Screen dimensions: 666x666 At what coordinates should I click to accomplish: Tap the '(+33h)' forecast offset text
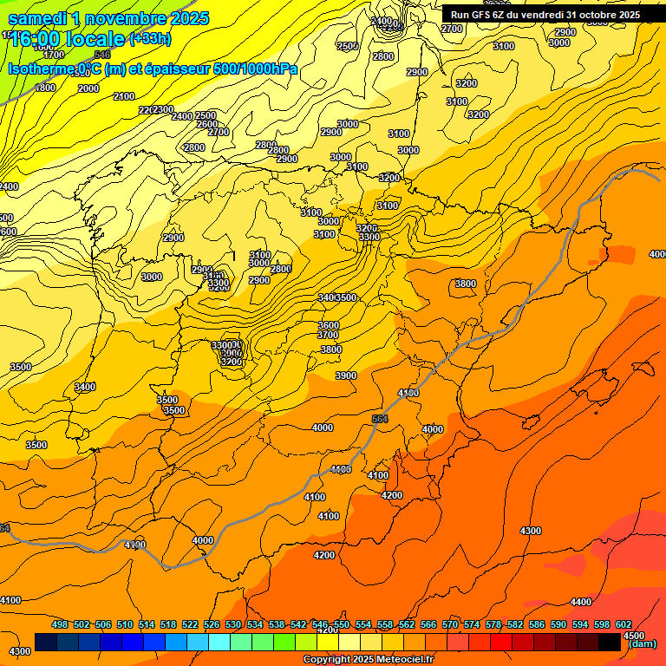pyautogui.click(x=150, y=38)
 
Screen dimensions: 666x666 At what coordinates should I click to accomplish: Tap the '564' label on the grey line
pyautogui.click(x=379, y=419)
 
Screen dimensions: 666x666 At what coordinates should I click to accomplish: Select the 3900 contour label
pyautogui.click(x=346, y=375)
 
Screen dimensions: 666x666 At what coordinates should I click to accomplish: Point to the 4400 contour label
pyautogui.click(x=581, y=602)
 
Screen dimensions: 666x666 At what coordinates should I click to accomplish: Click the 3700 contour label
pyautogui.click(x=328, y=335)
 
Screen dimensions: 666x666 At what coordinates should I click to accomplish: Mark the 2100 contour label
pyautogui.click(x=124, y=96)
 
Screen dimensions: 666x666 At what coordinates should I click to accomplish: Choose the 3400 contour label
pyautogui.click(x=85, y=387)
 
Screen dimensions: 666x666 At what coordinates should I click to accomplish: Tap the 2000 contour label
pyautogui.click(x=88, y=88)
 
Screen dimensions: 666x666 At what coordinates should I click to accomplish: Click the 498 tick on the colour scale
pyautogui.click(x=60, y=624)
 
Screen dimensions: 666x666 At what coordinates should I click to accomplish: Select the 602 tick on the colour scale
pyautogui.click(x=624, y=624)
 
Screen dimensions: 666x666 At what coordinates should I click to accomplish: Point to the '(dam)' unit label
pyautogui.click(x=643, y=643)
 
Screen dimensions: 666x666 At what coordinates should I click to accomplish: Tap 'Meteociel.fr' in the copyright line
pyautogui.click(x=400, y=660)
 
